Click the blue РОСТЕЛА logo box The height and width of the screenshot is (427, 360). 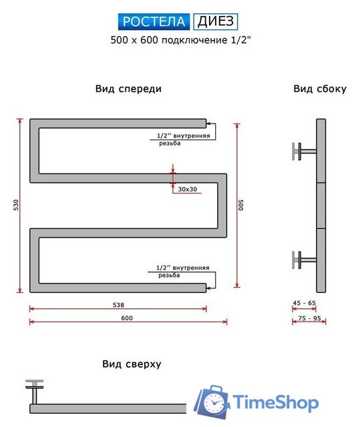(156, 22)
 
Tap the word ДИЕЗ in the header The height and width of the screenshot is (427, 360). (215, 22)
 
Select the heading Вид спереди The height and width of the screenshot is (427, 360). (128, 89)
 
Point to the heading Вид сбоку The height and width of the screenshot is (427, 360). (319, 89)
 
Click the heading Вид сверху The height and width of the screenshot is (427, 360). (132, 364)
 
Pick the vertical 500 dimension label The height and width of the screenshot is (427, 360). (240, 205)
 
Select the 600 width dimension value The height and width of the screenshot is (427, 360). (127, 318)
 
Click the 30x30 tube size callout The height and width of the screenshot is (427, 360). (188, 189)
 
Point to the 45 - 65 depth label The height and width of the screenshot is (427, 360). (304, 304)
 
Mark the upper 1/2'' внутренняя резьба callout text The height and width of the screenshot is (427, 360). (182, 139)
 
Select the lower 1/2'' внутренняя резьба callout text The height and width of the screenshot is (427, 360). (182, 272)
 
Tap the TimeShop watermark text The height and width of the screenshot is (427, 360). (275, 403)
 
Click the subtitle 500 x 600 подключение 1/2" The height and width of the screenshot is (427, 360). (180, 40)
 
